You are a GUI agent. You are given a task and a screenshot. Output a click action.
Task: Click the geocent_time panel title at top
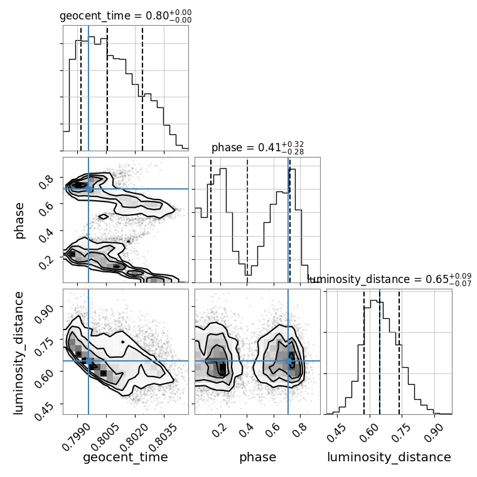[126, 16]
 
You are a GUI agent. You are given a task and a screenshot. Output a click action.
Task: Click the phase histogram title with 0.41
[257, 148]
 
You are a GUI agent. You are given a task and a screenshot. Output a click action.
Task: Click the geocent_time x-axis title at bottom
[126, 458]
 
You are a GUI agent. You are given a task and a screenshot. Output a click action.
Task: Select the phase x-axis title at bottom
[257, 458]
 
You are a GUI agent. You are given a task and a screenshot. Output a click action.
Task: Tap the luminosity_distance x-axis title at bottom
[389, 458]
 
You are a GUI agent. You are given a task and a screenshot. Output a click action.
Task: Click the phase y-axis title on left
[19, 220]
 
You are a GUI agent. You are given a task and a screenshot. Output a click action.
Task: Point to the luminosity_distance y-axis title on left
[19, 351]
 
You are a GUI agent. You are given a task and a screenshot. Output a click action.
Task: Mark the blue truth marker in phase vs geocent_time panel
[88, 188]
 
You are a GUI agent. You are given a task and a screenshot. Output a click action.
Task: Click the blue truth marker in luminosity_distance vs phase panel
[289, 361]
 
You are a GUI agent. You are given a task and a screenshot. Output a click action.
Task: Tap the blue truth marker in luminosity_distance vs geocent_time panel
[88, 361]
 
